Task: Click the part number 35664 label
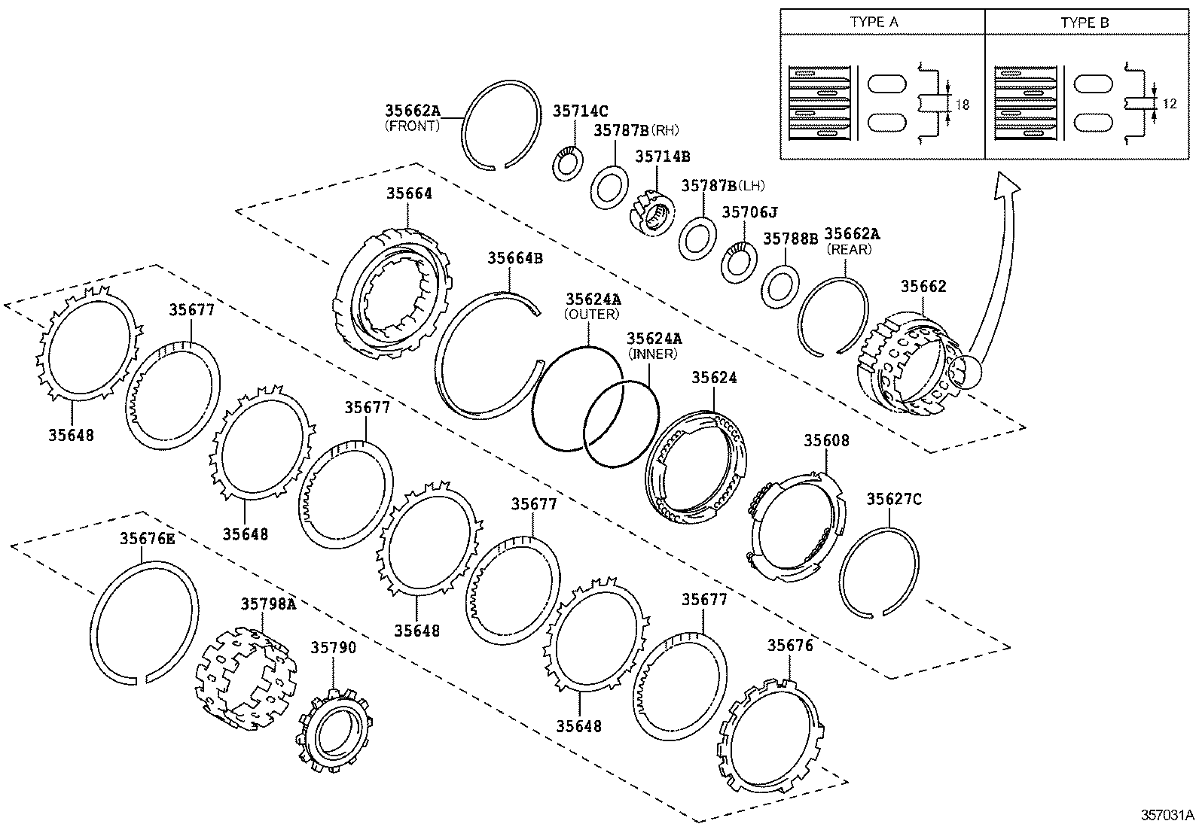point(409,193)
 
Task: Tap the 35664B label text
point(514,258)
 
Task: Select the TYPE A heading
point(874,23)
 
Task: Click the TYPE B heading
point(1085,23)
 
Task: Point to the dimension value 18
point(963,105)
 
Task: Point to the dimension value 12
point(1169,104)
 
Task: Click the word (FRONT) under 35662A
point(412,126)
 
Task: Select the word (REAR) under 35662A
point(849,249)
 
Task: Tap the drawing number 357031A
point(1167,815)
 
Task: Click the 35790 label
point(334,648)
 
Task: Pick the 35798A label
point(268,604)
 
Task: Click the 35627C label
point(893,499)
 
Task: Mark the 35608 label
point(825,440)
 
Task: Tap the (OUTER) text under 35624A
point(591,314)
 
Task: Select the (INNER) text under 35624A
point(652,354)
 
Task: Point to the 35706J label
point(749,213)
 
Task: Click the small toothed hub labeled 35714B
point(648,211)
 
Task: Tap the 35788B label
point(790,239)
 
